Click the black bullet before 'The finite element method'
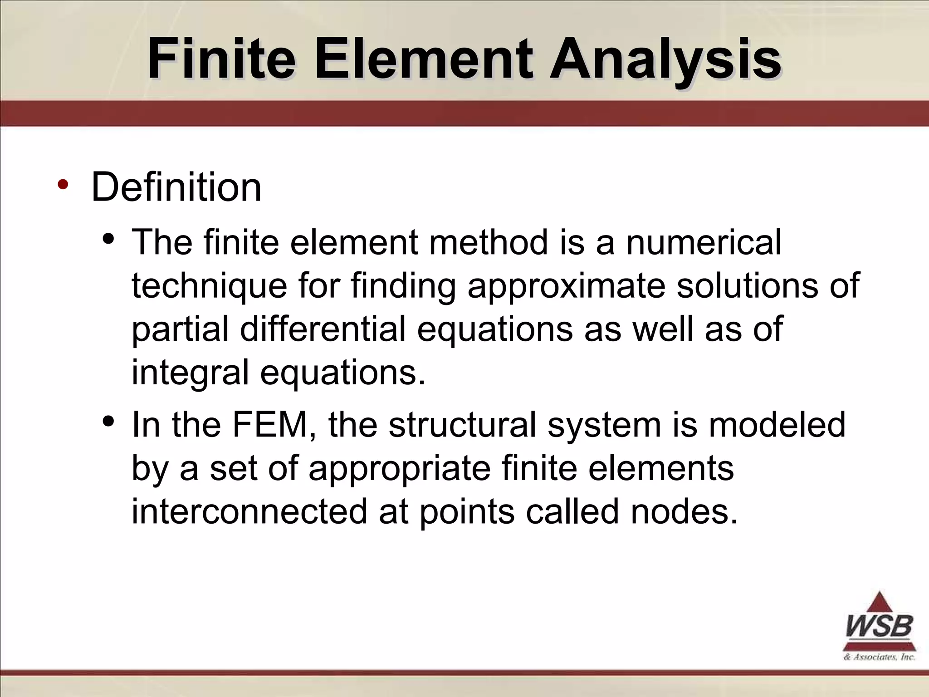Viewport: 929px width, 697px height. point(108,239)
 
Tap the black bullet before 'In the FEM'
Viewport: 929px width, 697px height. point(108,421)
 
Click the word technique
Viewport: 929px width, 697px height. point(209,286)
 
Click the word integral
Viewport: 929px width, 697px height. point(190,373)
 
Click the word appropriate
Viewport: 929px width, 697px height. point(399,469)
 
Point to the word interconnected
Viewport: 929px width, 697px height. point(249,511)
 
